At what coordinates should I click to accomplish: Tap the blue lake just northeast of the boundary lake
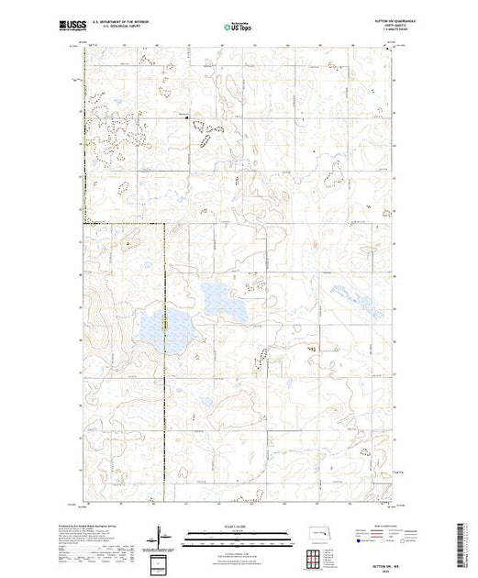click(216, 295)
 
